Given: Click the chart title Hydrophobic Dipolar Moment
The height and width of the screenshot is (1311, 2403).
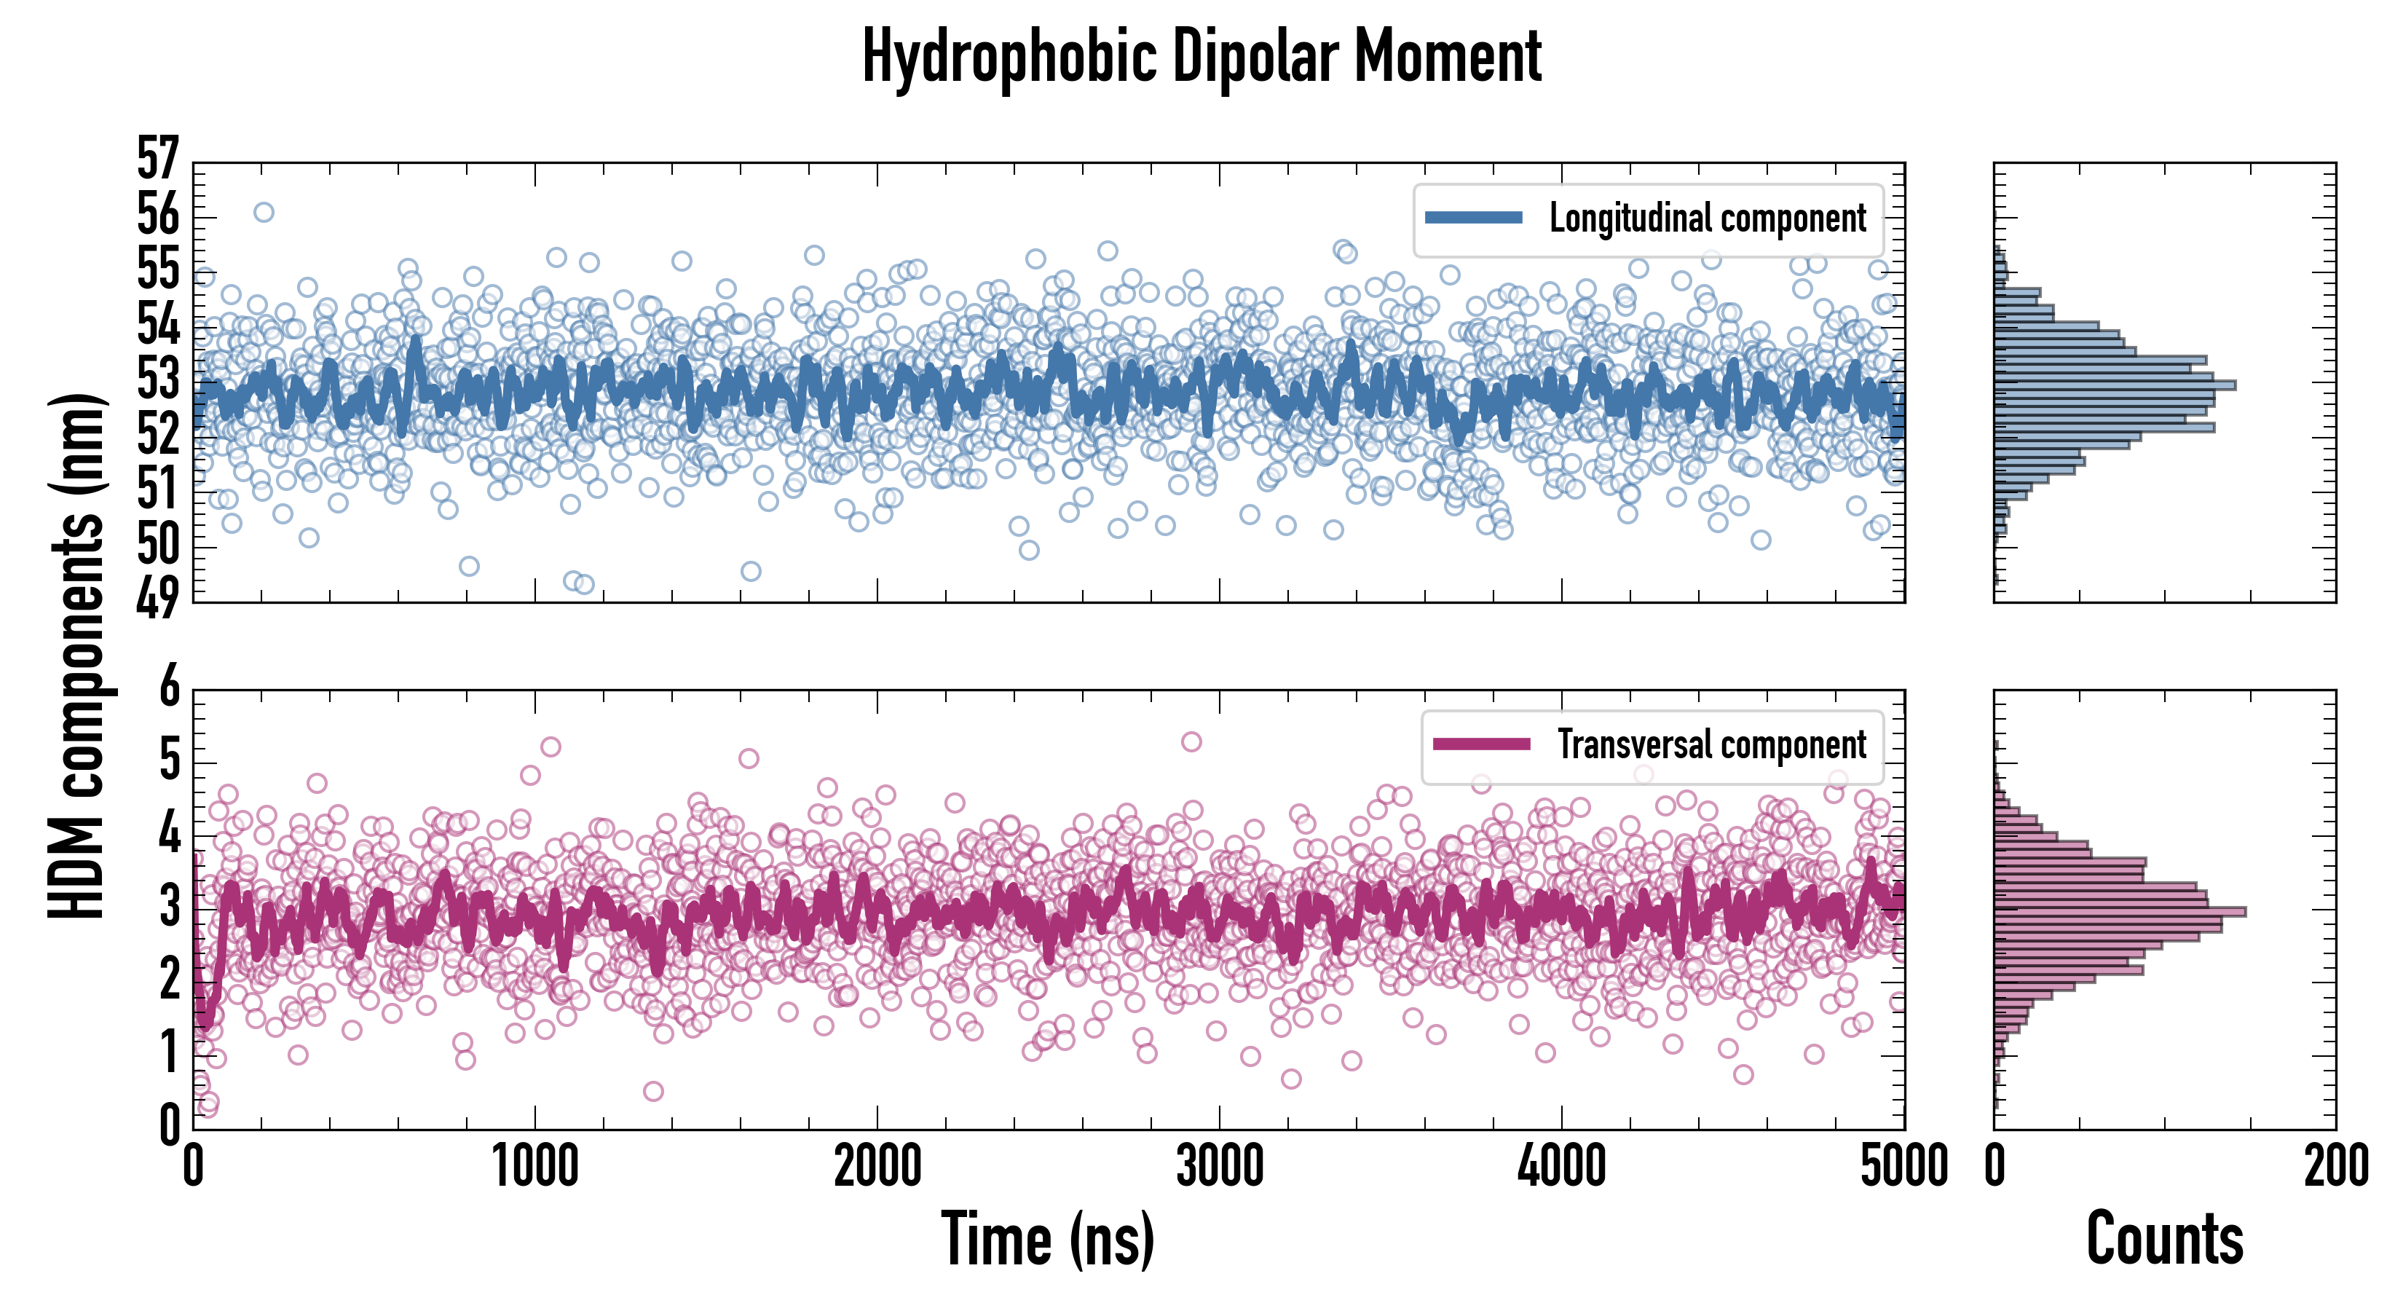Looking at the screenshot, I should pyautogui.click(x=1201, y=58).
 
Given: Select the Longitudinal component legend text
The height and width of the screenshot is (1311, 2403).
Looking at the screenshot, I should pyautogui.click(x=1707, y=219).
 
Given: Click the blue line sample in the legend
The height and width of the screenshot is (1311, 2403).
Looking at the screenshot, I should pyautogui.click(x=1474, y=219).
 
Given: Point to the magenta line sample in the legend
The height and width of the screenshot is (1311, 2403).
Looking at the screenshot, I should pyautogui.click(x=1481, y=744).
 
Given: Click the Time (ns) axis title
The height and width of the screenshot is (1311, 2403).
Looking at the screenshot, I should pyautogui.click(x=1048, y=1239).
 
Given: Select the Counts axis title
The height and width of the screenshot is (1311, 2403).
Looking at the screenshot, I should pyautogui.click(x=2164, y=1239).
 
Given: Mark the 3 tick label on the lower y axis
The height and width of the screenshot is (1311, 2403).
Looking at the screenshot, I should pyautogui.click(x=169, y=907).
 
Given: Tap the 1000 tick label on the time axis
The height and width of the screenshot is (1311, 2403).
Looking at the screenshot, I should pyautogui.click(x=534, y=1166).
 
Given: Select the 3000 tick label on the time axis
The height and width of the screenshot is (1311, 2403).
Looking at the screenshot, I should pyautogui.click(x=1219, y=1166).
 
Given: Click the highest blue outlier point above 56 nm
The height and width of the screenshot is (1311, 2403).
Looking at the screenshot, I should pyautogui.click(x=264, y=213).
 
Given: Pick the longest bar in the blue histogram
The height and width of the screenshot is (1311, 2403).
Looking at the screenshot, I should pyautogui.click(x=2114, y=385).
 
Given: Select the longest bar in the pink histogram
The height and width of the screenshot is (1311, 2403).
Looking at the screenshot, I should pyautogui.click(x=2120, y=912).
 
